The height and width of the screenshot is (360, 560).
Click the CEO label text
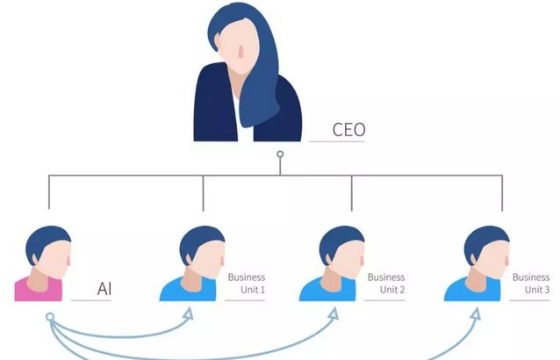coord(348,131)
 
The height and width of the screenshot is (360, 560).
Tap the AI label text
coord(104,288)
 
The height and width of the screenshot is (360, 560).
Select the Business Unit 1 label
coord(246,283)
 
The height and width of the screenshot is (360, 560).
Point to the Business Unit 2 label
coord(386,283)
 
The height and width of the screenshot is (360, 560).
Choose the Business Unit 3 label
coord(531,283)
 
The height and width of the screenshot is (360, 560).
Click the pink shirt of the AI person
coord(37,289)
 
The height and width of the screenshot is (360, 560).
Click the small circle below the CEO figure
coord(280,155)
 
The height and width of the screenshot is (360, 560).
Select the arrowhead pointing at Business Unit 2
coord(335,310)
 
